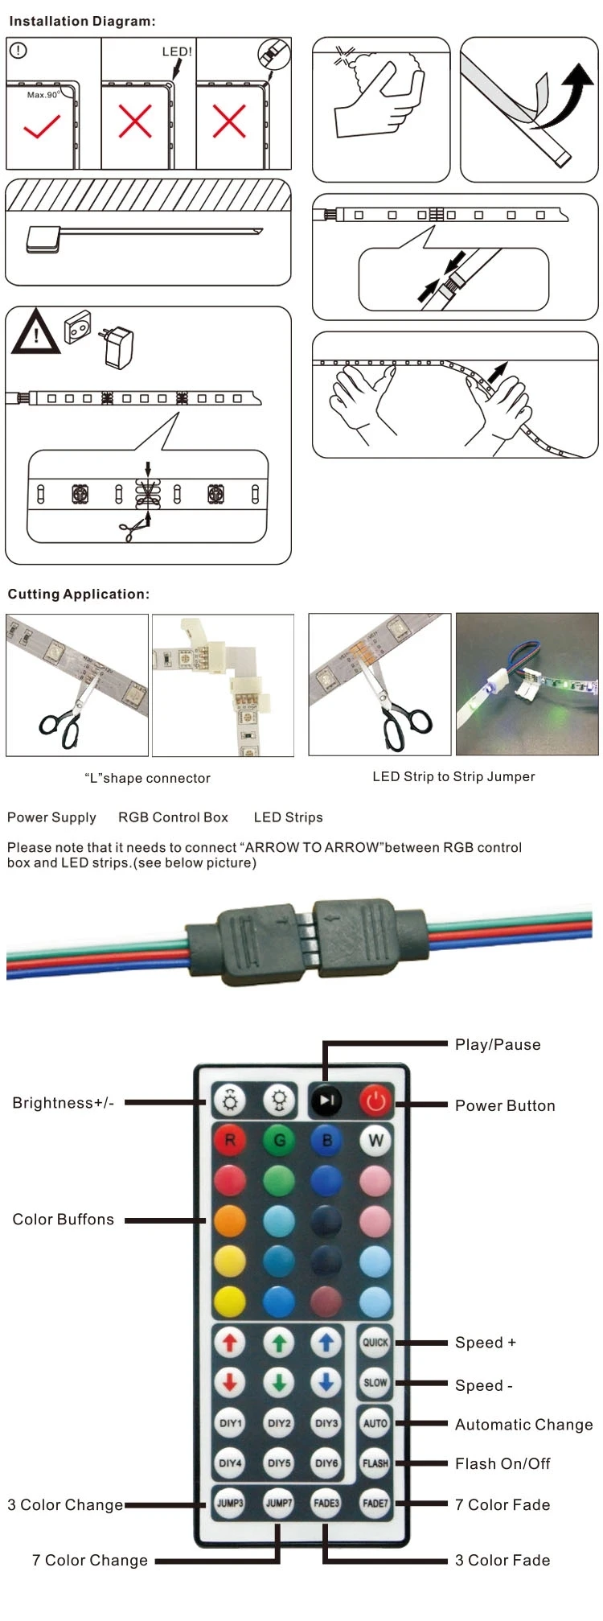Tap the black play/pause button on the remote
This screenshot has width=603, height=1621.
pyautogui.click(x=326, y=1100)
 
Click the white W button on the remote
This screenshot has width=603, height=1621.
pyautogui.click(x=375, y=1140)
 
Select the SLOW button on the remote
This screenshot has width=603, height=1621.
pyautogui.click(x=375, y=1382)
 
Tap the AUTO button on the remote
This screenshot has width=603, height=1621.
pyautogui.click(x=375, y=1422)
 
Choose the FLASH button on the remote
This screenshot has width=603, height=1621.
pyautogui.click(x=375, y=1463)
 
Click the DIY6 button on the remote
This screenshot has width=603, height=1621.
pyautogui.click(x=326, y=1463)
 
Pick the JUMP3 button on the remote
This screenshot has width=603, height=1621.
pyautogui.click(x=230, y=1503)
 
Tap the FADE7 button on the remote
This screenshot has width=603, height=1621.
pyautogui.click(x=375, y=1503)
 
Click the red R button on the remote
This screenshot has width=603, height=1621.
pyautogui.click(x=230, y=1140)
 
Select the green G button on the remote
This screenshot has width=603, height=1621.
pyautogui.click(x=279, y=1140)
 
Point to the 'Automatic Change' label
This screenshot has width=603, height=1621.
pyautogui.click(x=523, y=1425)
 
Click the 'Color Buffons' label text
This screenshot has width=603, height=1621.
pyautogui.click(x=64, y=1220)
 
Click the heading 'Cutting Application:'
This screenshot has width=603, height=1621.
pyautogui.click(x=79, y=595)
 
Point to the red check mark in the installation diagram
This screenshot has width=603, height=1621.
pyautogui.click(x=41, y=127)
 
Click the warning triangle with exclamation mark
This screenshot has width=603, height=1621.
pyautogui.click(x=35, y=331)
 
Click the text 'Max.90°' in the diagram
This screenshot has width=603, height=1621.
pyautogui.click(x=43, y=95)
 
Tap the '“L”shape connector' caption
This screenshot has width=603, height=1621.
pyautogui.click(x=147, y=779)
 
